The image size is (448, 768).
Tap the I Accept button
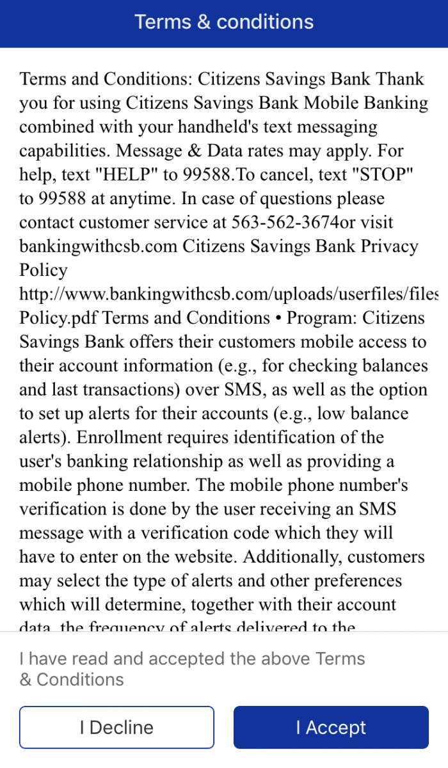tap(331, 728)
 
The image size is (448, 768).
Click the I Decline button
tap(116, 728)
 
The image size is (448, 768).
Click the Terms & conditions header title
tap(224, 22)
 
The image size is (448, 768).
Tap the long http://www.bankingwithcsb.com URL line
tap(229, 294)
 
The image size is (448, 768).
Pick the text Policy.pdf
tap(58, 317)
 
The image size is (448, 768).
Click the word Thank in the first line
tap(399, 79)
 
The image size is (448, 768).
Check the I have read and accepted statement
tap(192, 668)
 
